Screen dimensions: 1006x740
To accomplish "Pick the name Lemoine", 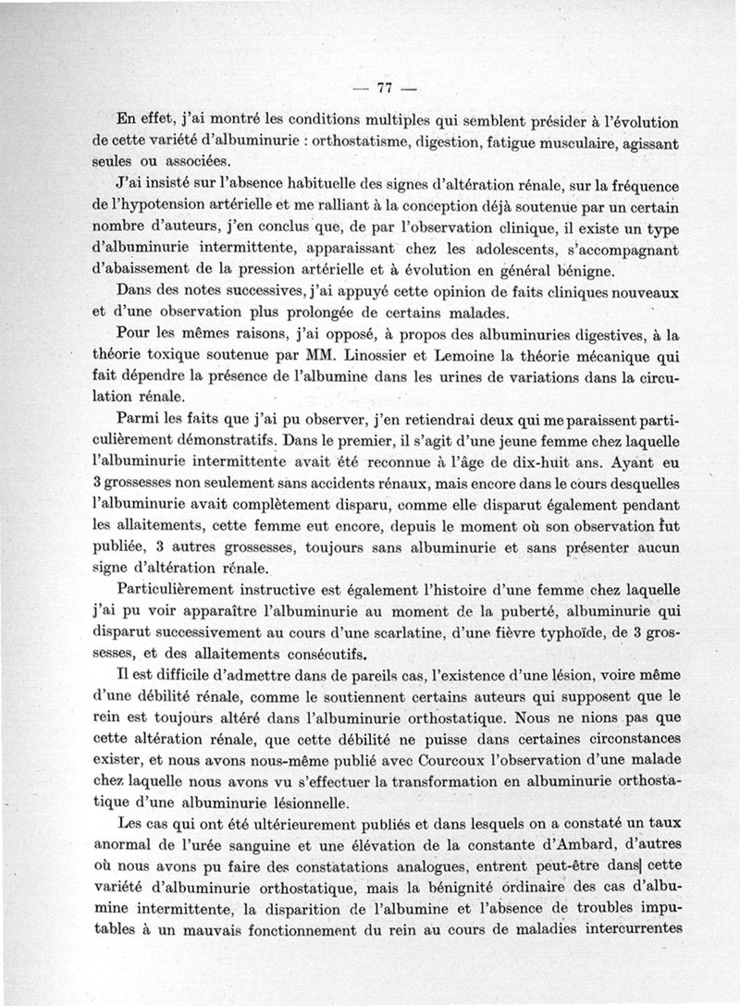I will coord(500,355).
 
